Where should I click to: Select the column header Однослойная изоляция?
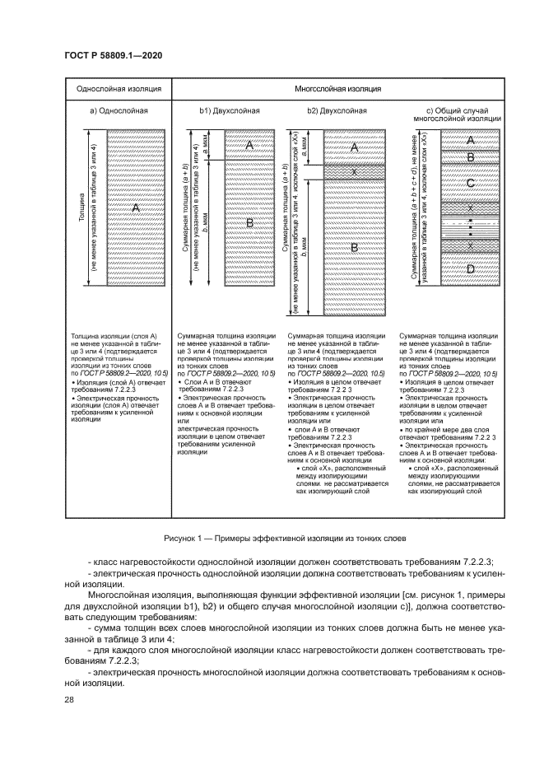point(119,88)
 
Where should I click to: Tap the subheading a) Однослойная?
point(119,110)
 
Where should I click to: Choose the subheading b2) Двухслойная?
point(337,110)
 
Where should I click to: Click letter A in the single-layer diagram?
point(136,208)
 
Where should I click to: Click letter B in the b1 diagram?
point(248,222)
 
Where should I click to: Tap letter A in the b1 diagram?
point(248,145)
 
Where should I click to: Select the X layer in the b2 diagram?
point(354,172)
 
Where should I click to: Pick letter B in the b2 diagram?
point(354,247)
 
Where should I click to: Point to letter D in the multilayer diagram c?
point(470,268)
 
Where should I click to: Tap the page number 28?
point(67,700)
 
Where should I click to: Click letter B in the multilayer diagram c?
point(470,156)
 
